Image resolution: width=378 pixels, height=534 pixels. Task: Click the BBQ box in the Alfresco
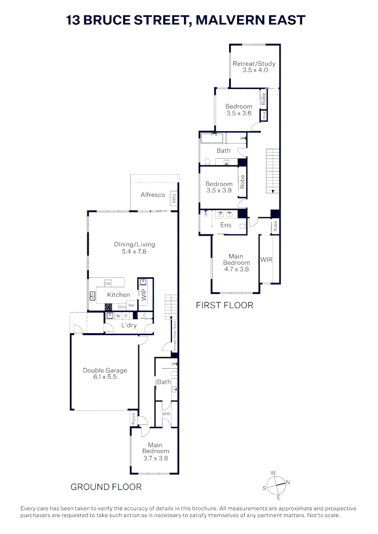coord(174,198)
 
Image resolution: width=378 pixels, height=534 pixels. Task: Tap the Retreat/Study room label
coord(255,64)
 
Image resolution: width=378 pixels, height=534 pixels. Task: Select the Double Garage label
coord(105,370)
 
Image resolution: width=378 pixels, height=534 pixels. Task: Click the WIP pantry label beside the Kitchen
coord(144,295)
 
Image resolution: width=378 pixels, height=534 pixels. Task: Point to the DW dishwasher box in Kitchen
coord(108,284)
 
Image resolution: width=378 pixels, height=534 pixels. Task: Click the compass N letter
coord(288,482)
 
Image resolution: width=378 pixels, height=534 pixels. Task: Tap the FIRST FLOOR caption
coord(224,305)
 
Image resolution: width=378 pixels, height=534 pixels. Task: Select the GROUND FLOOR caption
coord(106,487)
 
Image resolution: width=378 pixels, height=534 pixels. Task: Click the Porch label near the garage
coord(134,418)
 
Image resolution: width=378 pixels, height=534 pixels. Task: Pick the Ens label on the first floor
coord(226,225)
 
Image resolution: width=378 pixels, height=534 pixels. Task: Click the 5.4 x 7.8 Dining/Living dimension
coord(135,251)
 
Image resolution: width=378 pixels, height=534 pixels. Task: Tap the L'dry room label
coord(129,325)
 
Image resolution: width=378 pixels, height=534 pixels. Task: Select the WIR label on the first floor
coord(266,260)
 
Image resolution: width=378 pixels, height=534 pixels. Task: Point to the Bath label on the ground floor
coord(164,382)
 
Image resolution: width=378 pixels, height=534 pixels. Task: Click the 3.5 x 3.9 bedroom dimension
coord(219,190)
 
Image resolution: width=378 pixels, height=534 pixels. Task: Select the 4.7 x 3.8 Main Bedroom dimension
coord(236,269)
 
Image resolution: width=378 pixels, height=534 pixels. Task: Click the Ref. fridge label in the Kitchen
coord(132,306)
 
